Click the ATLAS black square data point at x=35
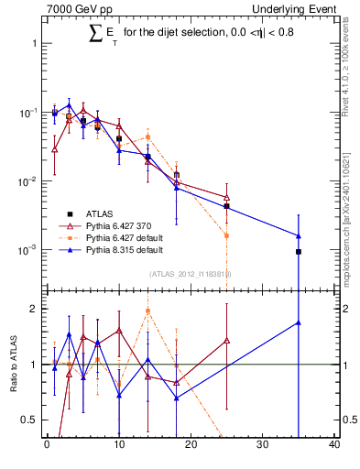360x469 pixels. point(299,251)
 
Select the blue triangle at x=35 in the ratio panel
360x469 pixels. point(299,322)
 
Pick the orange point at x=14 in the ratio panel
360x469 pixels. point(147,311)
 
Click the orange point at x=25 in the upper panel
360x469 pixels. point(226,235)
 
